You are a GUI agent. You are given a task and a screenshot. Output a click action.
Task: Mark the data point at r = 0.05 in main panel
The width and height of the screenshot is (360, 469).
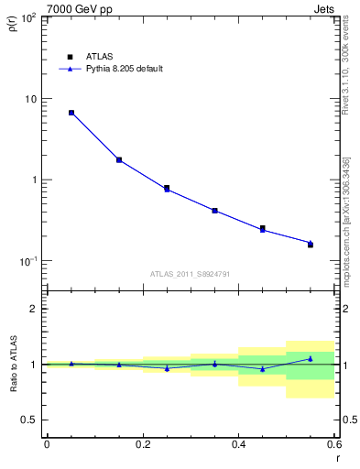71,113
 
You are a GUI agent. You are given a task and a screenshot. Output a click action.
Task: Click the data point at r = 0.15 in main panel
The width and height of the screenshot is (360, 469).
119,159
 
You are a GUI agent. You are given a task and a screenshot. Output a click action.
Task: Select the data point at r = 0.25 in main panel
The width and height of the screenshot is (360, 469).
167,188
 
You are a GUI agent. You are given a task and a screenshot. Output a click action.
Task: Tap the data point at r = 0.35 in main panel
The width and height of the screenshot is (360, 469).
214,211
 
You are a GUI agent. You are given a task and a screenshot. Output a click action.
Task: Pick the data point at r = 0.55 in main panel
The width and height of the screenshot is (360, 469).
311,245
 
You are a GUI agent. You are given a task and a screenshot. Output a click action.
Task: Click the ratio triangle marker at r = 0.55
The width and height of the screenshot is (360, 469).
311,358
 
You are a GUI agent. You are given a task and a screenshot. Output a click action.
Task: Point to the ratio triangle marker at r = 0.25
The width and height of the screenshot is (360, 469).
167,368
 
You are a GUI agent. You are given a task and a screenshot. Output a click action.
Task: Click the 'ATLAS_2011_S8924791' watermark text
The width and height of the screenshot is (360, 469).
190,273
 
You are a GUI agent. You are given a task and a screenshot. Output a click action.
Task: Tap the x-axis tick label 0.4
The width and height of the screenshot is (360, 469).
238,444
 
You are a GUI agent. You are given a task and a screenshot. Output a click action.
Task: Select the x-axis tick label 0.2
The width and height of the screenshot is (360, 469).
142,444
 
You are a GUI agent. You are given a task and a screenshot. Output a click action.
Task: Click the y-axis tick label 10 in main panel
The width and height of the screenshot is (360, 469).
29,99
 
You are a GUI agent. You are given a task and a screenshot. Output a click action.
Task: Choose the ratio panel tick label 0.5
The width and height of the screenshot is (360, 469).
29,420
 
